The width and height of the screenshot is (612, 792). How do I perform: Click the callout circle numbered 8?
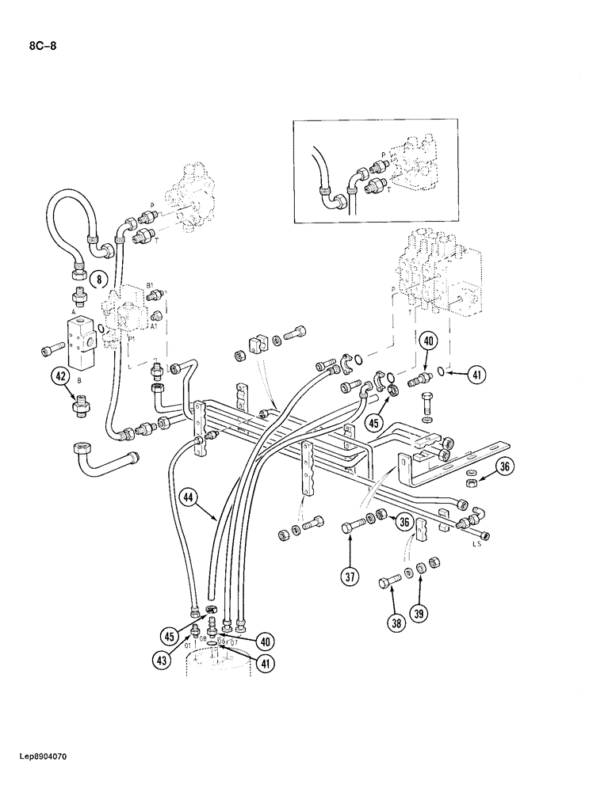coord(98,278)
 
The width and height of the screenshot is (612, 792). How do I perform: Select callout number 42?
coord(59,377)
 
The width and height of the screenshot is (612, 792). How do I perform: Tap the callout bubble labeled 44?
coord(187,497)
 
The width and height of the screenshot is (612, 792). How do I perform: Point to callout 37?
coord(349,577)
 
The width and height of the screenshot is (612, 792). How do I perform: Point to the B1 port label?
coord(149,284)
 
